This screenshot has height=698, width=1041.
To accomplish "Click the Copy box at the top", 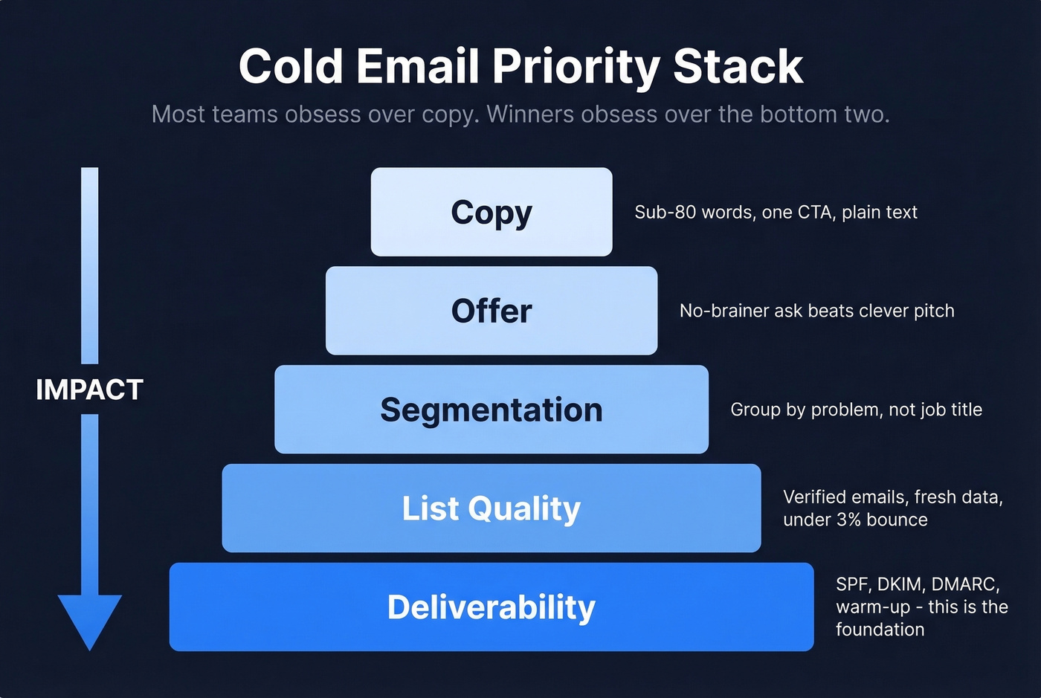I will point(492,212).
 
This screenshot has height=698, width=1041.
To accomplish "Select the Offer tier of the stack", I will point(492,311).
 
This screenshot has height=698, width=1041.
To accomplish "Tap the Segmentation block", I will point(492,410).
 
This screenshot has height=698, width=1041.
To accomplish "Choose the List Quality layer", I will point(492,508).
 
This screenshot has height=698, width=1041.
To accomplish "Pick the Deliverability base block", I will point(492,607).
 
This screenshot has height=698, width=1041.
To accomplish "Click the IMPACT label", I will point(89,390).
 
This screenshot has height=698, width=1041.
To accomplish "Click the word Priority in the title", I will point(576,67).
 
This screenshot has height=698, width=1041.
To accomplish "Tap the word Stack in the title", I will point(738,67).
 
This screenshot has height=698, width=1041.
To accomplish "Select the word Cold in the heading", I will point(291,67).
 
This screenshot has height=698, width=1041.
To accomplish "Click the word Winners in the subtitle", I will point(529,114).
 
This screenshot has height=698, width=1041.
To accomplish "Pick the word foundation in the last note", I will point(880,630).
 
